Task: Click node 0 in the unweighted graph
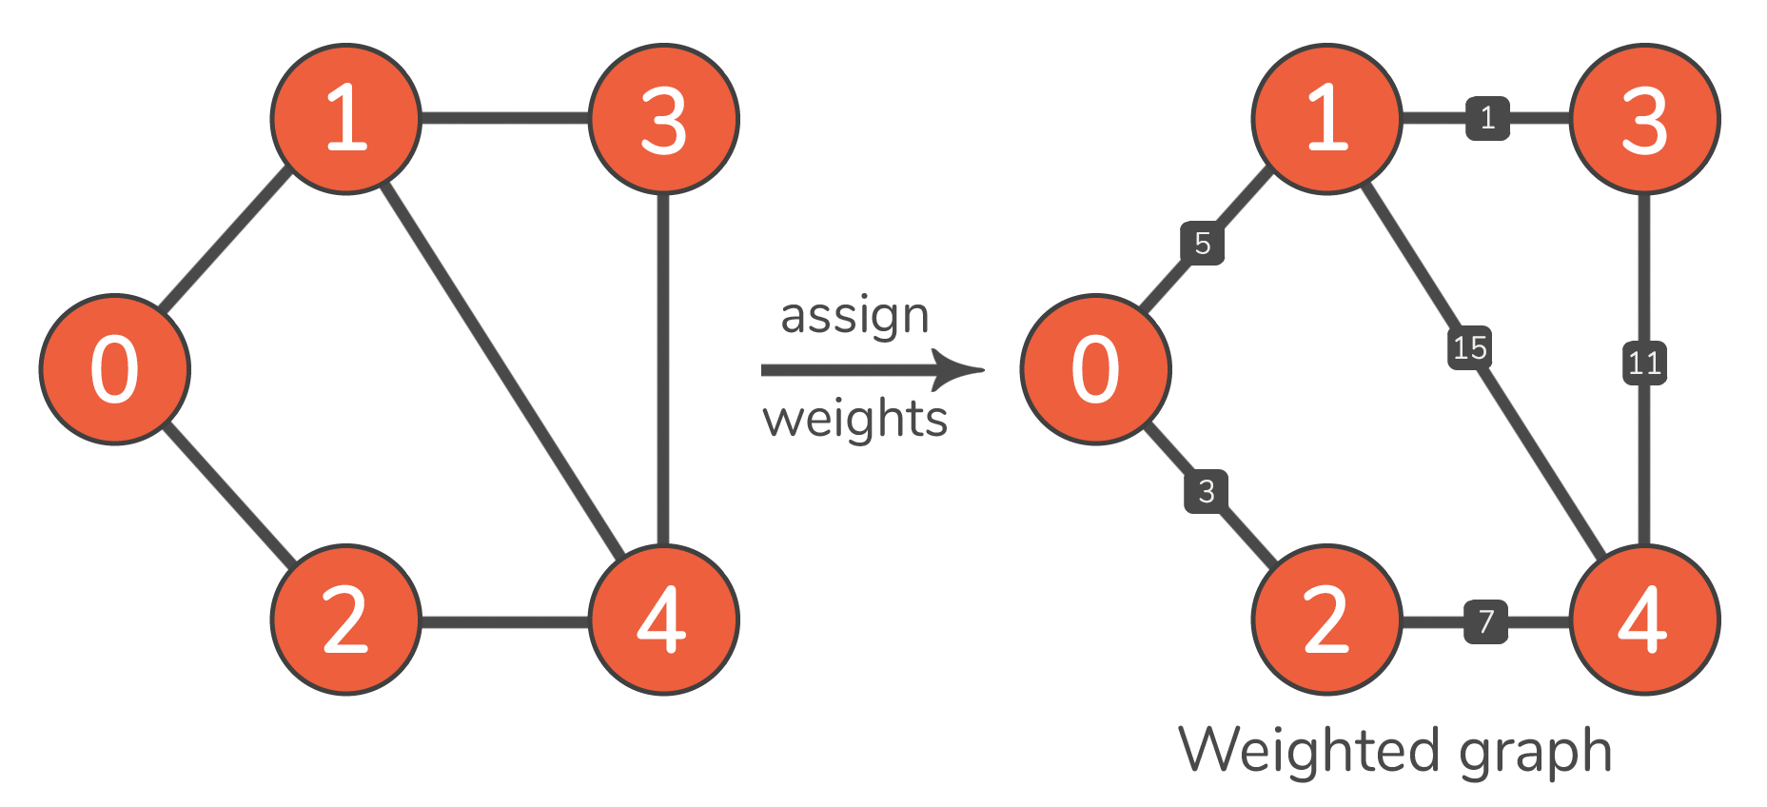(115, 369)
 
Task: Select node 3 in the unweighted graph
(664, 119)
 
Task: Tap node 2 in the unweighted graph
(346, 620)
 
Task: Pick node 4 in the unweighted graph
(664, 620)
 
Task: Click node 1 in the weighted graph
(1327, 119)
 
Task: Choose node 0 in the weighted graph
(1096, 369)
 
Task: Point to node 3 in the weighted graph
(1645, 119)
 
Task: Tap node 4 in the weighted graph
(1645, 620)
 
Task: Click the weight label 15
(1470, 348)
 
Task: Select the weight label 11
(1644, 363)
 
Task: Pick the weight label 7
(1486, 622)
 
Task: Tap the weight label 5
(1203, 244)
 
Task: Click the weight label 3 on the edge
(1207, 491)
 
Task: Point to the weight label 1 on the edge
(1488, 118)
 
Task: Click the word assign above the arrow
(854, 317)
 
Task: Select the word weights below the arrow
(854, 419)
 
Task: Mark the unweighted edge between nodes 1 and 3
(505, 119)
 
